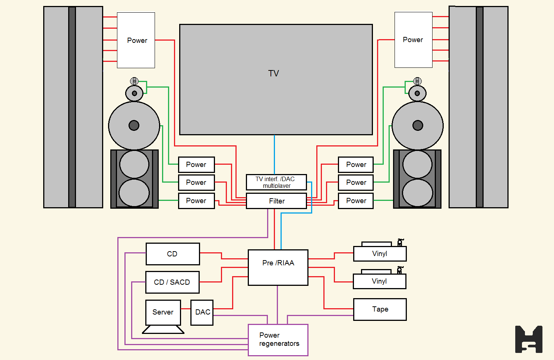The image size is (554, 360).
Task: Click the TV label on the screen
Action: (x=273, y=73)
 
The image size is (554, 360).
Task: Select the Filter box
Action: (x=276, y=201)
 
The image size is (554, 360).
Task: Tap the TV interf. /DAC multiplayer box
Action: (x=276, y=182)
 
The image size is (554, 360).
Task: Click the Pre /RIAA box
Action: (x=278, y=268)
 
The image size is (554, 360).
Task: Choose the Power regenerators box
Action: (x=278, y=340)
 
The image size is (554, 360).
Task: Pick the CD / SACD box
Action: (x=172, y=282)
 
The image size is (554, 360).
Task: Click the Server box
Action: (x=163, y=312)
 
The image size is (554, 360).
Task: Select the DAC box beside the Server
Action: (x=202, y=312)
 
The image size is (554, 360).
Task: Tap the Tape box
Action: (x=380, y=309)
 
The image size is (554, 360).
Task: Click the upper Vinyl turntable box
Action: (x=380, y=254)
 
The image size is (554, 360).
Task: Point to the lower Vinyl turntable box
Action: (x=379, y=281)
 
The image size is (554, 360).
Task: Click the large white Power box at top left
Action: (x=136, y=40)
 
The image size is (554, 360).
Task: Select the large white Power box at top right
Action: (x=413, y=40)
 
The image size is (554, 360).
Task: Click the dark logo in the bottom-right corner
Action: (x=529, y=339)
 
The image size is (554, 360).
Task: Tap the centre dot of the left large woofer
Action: (x=134, y=125)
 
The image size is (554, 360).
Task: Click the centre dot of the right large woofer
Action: (x=418, y=125)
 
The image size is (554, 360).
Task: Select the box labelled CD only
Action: (x=172, y=254)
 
